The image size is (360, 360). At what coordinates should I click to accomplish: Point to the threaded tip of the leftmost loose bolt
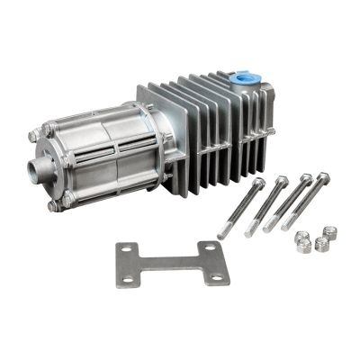pyautogui.click(x=221, y=235)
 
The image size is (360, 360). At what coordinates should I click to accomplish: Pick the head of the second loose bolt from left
pyautogui.click(x=283, y=180)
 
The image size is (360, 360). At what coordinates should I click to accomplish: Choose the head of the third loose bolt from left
pyautogui.click(x=307, y=178)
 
